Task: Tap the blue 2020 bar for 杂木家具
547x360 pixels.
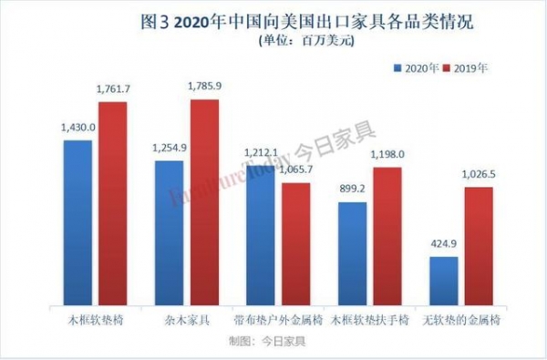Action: pyautogui.click(x=170, y=233)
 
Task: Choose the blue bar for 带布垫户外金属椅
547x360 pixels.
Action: pyautogui.click(x=262, y=235)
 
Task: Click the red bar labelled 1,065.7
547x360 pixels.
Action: pyautogui.click(x=295, y=244)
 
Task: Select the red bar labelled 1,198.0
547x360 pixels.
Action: pyautogui.click(x=387, y=236)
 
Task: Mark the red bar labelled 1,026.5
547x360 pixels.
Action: pyautogui.click(x=478, y=246)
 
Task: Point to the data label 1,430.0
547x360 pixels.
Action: pyautogui.click(x=80, y=129)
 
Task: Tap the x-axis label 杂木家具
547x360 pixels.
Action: pyautogui.click(x=186, y=322)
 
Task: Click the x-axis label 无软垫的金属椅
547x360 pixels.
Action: pyautogui.click(x=460, y=322)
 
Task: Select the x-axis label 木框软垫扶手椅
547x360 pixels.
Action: pyautogui.click(x=369, y=322)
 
